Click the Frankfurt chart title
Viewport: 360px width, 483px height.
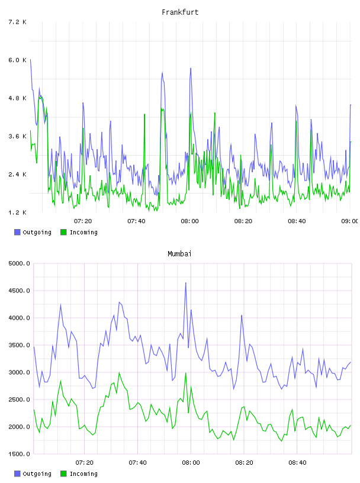(180, 12)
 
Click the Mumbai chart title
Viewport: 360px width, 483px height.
(179, 254)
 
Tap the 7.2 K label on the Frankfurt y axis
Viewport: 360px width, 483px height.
(17, 22)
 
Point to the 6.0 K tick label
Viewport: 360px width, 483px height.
(17, 60)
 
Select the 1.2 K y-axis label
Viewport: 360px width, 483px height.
(17, 212)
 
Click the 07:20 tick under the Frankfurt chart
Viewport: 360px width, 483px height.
(83, 221)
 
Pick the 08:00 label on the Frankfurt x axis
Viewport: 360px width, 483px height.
(190, 221)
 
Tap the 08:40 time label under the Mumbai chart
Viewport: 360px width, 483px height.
(297, 463)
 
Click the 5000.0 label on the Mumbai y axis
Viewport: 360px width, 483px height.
(19, 263)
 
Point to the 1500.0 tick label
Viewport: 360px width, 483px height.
(19, 454)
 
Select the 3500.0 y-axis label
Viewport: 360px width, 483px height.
(19, 345)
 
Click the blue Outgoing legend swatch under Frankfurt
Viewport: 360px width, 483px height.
(17, 232)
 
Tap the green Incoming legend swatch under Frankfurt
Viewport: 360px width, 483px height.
(63, 232)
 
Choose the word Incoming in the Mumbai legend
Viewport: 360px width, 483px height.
(83, 474)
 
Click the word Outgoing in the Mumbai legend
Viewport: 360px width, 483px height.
(37, 474)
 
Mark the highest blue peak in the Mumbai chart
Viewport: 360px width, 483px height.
(185, 282)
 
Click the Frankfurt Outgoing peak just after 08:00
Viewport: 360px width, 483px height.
(191, 69)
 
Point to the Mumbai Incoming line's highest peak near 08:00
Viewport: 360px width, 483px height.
(185, 373)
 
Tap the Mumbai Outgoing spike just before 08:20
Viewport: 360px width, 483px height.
(242, 315)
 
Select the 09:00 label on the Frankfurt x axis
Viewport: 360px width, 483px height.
(350, 221)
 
